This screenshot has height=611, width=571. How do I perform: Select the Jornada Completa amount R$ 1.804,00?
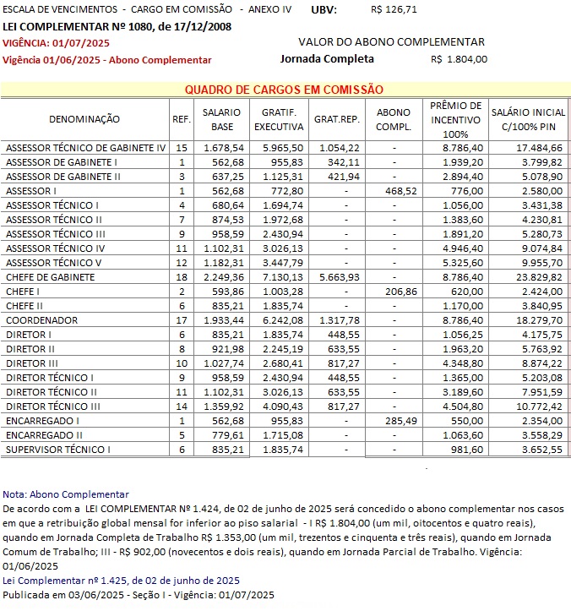[459, 59]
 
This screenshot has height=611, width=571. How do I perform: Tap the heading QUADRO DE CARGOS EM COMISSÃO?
[284, 90]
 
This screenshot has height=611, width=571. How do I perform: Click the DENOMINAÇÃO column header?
[84, 119]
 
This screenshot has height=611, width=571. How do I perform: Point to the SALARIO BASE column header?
[221, 119]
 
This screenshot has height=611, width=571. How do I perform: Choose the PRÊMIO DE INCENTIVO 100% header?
[455, 119]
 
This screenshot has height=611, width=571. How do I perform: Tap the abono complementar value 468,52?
[393, 191]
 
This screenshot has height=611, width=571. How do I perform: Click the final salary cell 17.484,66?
[539, 147]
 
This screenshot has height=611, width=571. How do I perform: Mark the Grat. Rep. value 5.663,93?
[338, 276]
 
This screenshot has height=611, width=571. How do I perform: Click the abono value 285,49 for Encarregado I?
[393, 420]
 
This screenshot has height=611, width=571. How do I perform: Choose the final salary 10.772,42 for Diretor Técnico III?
[539, 406]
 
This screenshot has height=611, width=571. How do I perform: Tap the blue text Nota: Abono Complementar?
[66, 494]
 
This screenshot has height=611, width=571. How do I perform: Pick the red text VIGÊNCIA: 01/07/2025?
[57, 42]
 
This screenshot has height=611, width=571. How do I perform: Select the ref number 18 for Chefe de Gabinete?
[181, 276]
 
